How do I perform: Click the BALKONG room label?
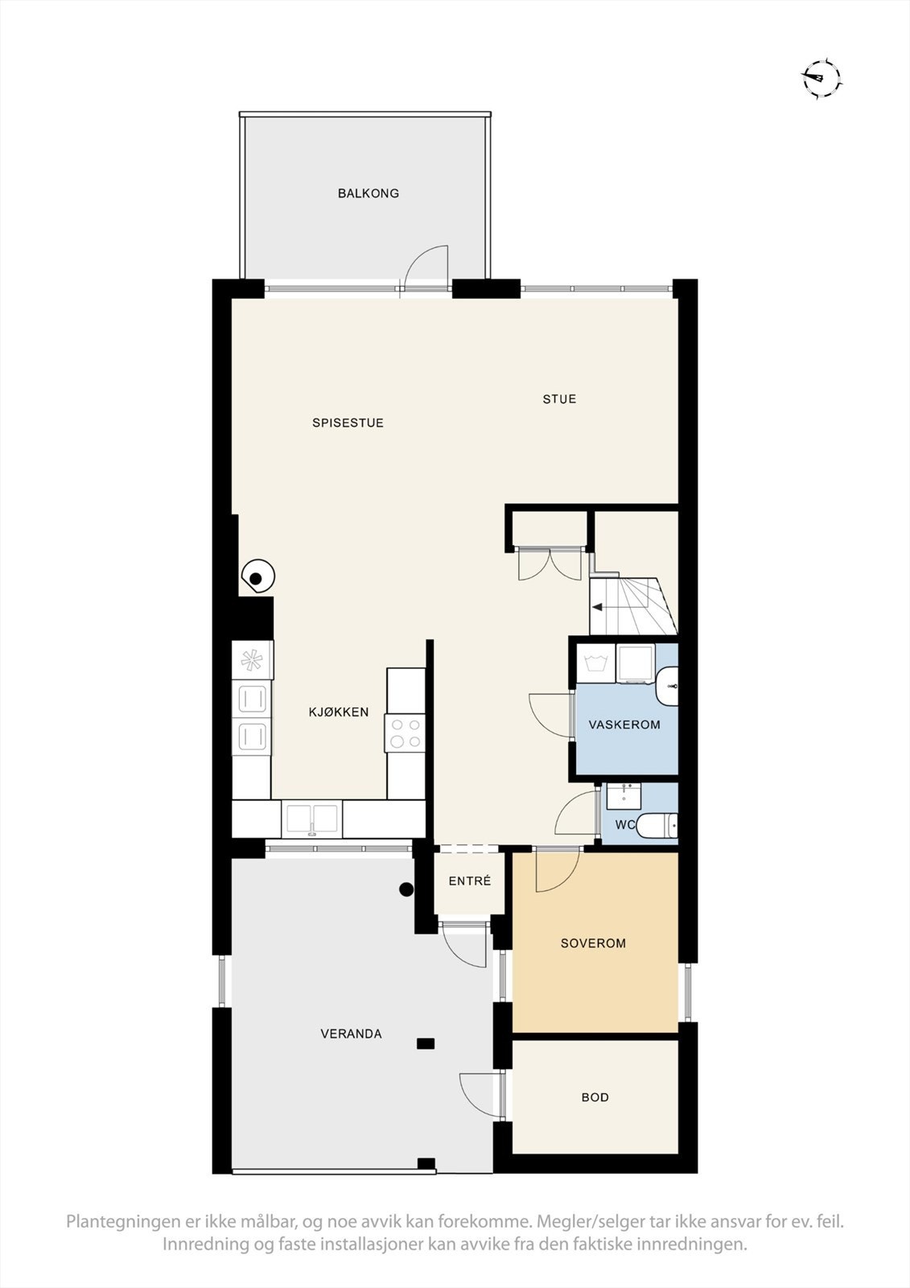pyautogui.click(x=369, y=193)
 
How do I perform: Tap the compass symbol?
pyautogui.click(x=821, y=78)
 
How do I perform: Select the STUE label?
pyautogui.click(x=559, y=398)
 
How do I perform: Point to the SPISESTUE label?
pyautogui.click(x=348, y=423)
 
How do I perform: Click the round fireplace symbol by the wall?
pyautogui.click(x=258, y=577)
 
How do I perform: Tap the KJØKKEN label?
pyautogui.click(x=339, y=712)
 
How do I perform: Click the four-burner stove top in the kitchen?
pyautogui.click(x=405, y=733)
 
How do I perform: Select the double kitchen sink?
pyautogui.click(x=311, y=819)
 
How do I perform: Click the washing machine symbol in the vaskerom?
pyautogui.click(x=595, y=664)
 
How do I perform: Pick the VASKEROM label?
pyautogui.click(x=624, y=724)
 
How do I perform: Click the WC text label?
pyautogui.click(x=625, y=825)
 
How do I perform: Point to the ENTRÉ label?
pyautogui.click(x=470, y=881)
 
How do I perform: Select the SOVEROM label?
pyautogui.click(x=593, y=943)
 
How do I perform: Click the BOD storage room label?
pyautogui.click(x=595, y=1097)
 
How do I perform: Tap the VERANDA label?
pyautogui.click(x=351, y=1034)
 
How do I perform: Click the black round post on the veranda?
pyautogui.click(x=407, y=890)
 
